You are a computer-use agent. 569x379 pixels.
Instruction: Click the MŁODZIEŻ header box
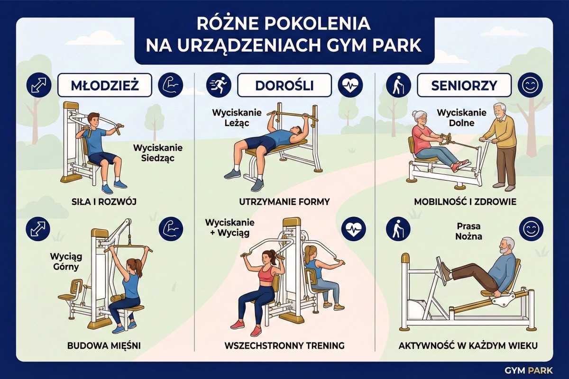pos(105,85)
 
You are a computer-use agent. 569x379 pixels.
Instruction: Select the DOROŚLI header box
pos(284,85)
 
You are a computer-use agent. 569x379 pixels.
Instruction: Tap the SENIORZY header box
pos(464,85)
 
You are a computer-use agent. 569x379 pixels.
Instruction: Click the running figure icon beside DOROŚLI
pos(219,85)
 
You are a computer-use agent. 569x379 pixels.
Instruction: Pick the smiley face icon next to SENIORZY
pos(531,85)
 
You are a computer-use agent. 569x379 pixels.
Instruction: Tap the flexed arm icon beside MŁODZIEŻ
pos(170,85)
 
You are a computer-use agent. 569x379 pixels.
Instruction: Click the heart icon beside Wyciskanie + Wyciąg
pos(354,229)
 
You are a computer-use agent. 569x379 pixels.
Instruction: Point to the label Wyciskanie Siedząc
pos(158,153)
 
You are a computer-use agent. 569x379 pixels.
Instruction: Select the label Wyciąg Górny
pos(66,262)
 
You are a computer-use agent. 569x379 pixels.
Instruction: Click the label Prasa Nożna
pos(468,231)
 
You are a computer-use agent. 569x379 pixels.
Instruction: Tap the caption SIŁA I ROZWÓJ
pos(104,202)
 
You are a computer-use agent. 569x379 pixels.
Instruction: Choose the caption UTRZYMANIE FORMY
pos(284,202)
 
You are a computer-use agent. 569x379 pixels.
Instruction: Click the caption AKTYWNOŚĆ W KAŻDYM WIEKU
pos(468,346)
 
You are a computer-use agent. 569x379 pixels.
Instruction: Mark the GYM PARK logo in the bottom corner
pos(529,370)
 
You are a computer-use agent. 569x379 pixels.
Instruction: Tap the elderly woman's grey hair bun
pos(414,113)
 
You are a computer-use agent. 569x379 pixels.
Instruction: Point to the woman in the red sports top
pos(258,292)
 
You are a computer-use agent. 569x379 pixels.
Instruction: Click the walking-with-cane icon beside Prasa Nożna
pos(398,229)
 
